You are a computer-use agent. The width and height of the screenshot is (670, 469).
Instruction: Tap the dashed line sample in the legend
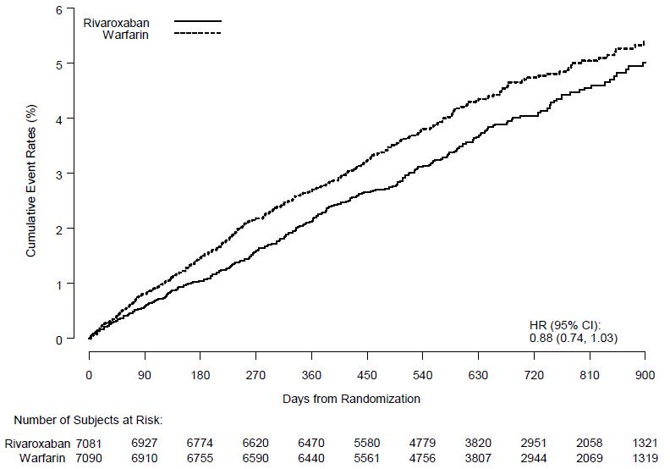[x=197, y=34]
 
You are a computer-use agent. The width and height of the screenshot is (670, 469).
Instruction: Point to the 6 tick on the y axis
[x=58, y=9]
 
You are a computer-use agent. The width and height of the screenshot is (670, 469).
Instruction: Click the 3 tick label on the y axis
[x=58, y=174]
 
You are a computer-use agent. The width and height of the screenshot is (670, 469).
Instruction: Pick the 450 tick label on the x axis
[x=367, y=375]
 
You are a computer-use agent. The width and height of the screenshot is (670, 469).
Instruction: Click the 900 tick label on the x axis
[x=645, y=375]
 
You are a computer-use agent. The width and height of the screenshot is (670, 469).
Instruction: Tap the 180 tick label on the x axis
[x=200, y=375]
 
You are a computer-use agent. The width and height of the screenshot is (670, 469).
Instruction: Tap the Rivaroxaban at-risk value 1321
[x=645, y=443]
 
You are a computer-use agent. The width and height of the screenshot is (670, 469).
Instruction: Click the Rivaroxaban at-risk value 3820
[x=479, y=443]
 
